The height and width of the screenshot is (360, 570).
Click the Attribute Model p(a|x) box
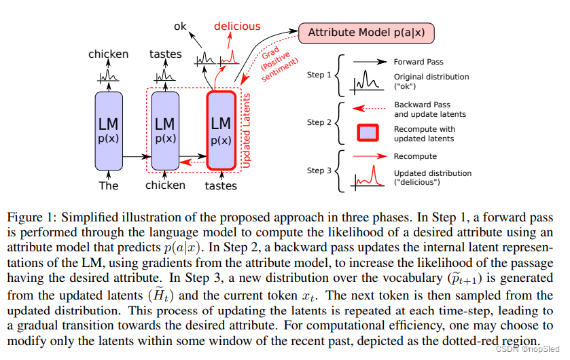tap(366, 32)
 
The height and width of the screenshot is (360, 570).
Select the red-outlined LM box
tap(221, 130)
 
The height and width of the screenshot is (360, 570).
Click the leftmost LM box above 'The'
tap(109, 130)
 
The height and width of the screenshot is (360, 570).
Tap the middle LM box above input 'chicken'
tap(165, 130)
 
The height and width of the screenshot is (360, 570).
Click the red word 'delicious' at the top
tap(237, 26)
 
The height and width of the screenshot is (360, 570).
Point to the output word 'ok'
tap(180, 26)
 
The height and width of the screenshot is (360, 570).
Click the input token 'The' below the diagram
tap(109, 185)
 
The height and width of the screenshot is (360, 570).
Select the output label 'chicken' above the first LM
tap(108, 54)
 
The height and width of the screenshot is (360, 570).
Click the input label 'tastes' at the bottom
tap(221, 185)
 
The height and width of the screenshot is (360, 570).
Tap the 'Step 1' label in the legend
tap(319, 75)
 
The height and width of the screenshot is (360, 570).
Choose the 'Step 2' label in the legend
tap(319, 122)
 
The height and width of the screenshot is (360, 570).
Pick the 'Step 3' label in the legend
tap(319, 170)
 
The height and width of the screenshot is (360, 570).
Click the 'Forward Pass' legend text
tap(418, 62)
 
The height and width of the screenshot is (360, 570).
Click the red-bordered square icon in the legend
tap(367, 134)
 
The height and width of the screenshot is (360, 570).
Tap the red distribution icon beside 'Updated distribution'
tap(367, 178)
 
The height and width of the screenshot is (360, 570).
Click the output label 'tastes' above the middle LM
tap(165, 54)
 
